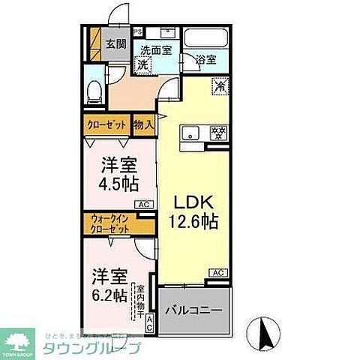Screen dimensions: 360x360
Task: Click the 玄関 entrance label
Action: (115, 43)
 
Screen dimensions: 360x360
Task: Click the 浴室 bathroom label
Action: (205, 59)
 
